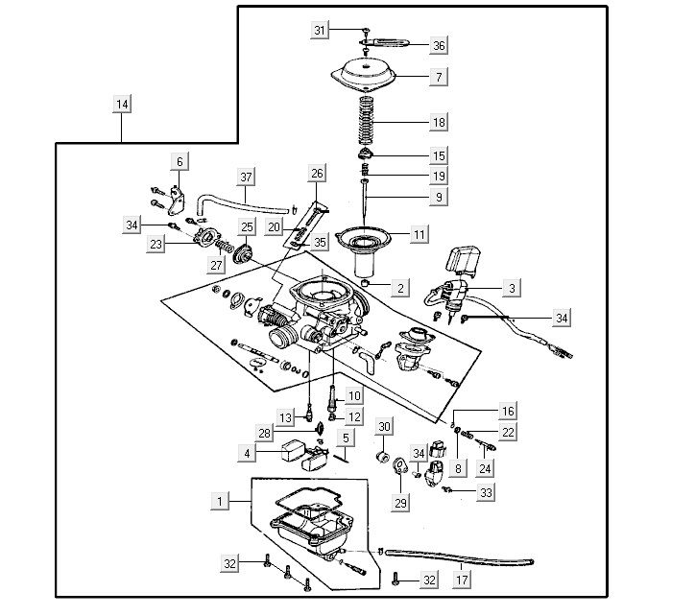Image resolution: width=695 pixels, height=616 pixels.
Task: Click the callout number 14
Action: (x=122, y=104)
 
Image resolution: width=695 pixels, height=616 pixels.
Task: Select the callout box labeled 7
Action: (x=439, y=75)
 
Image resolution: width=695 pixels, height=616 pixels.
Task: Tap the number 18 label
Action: (x=439, y=123)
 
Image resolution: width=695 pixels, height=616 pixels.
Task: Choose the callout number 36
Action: (x=439, y=45)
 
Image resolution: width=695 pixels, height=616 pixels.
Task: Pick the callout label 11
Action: (x=419, y=233)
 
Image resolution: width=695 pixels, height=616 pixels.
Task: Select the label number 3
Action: (x=512, y=287)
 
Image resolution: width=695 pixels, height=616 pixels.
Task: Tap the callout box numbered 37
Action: (x=247, y=178)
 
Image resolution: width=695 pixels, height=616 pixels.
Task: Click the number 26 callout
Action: (x=318, y=173)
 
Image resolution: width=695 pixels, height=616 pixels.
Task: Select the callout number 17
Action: (x=462, y=580)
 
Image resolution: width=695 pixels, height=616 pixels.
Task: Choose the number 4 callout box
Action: (x=247, y=452)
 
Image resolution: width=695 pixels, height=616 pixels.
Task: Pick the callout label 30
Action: (x=384, y=426)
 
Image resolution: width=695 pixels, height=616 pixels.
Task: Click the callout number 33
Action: (x=487, y=492)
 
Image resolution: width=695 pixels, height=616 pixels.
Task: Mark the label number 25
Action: (x=247, y=227)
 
